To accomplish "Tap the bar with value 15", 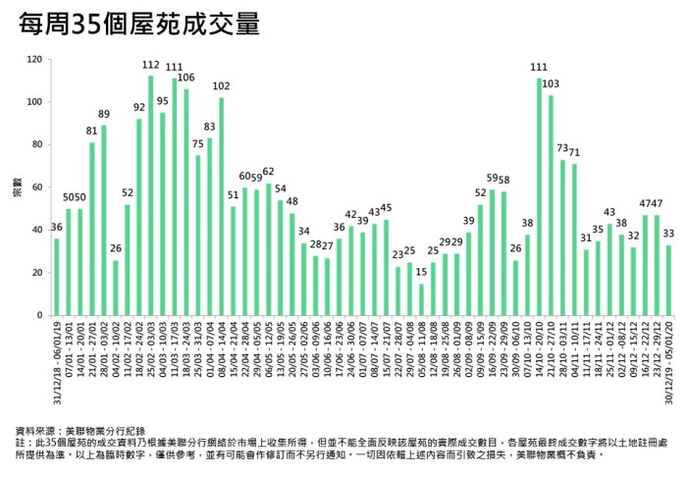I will [421, 298].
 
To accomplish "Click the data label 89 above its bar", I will [103, 116].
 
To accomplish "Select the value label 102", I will [221, 86].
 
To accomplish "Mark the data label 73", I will [562, 148].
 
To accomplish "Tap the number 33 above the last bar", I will [668, 234].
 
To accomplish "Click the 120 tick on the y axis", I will [34, 60].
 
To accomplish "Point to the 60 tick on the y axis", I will [36, 186].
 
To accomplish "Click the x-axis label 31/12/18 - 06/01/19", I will [57, 351].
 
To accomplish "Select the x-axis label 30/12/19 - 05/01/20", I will [669, 351].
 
